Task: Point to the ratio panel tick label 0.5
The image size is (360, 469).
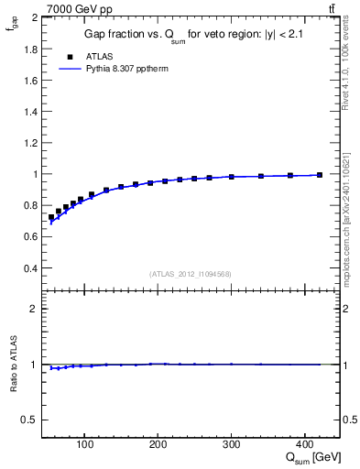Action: point(31,420)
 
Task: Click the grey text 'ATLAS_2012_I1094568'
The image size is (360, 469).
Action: point(191,274)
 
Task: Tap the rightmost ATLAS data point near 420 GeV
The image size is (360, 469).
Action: point(320,175)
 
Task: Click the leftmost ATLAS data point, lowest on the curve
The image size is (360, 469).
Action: point(51,218)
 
